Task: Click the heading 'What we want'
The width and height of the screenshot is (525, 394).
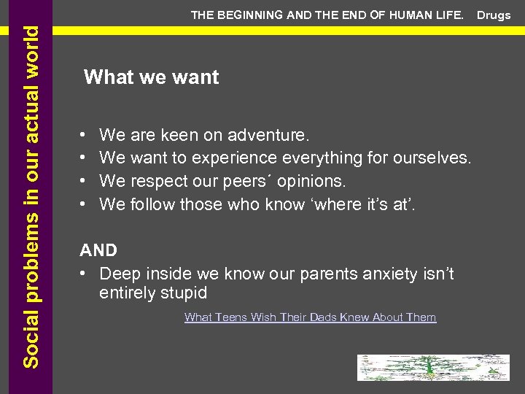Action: [151, 77]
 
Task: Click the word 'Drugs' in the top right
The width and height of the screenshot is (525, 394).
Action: [494, 15]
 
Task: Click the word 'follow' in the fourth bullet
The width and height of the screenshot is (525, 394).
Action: [154, 204]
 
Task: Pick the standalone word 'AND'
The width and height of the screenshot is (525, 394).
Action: [98, 250]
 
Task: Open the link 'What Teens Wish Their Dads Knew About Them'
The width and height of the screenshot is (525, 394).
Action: [310, 317]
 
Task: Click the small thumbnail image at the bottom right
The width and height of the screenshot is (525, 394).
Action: [432, 367]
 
